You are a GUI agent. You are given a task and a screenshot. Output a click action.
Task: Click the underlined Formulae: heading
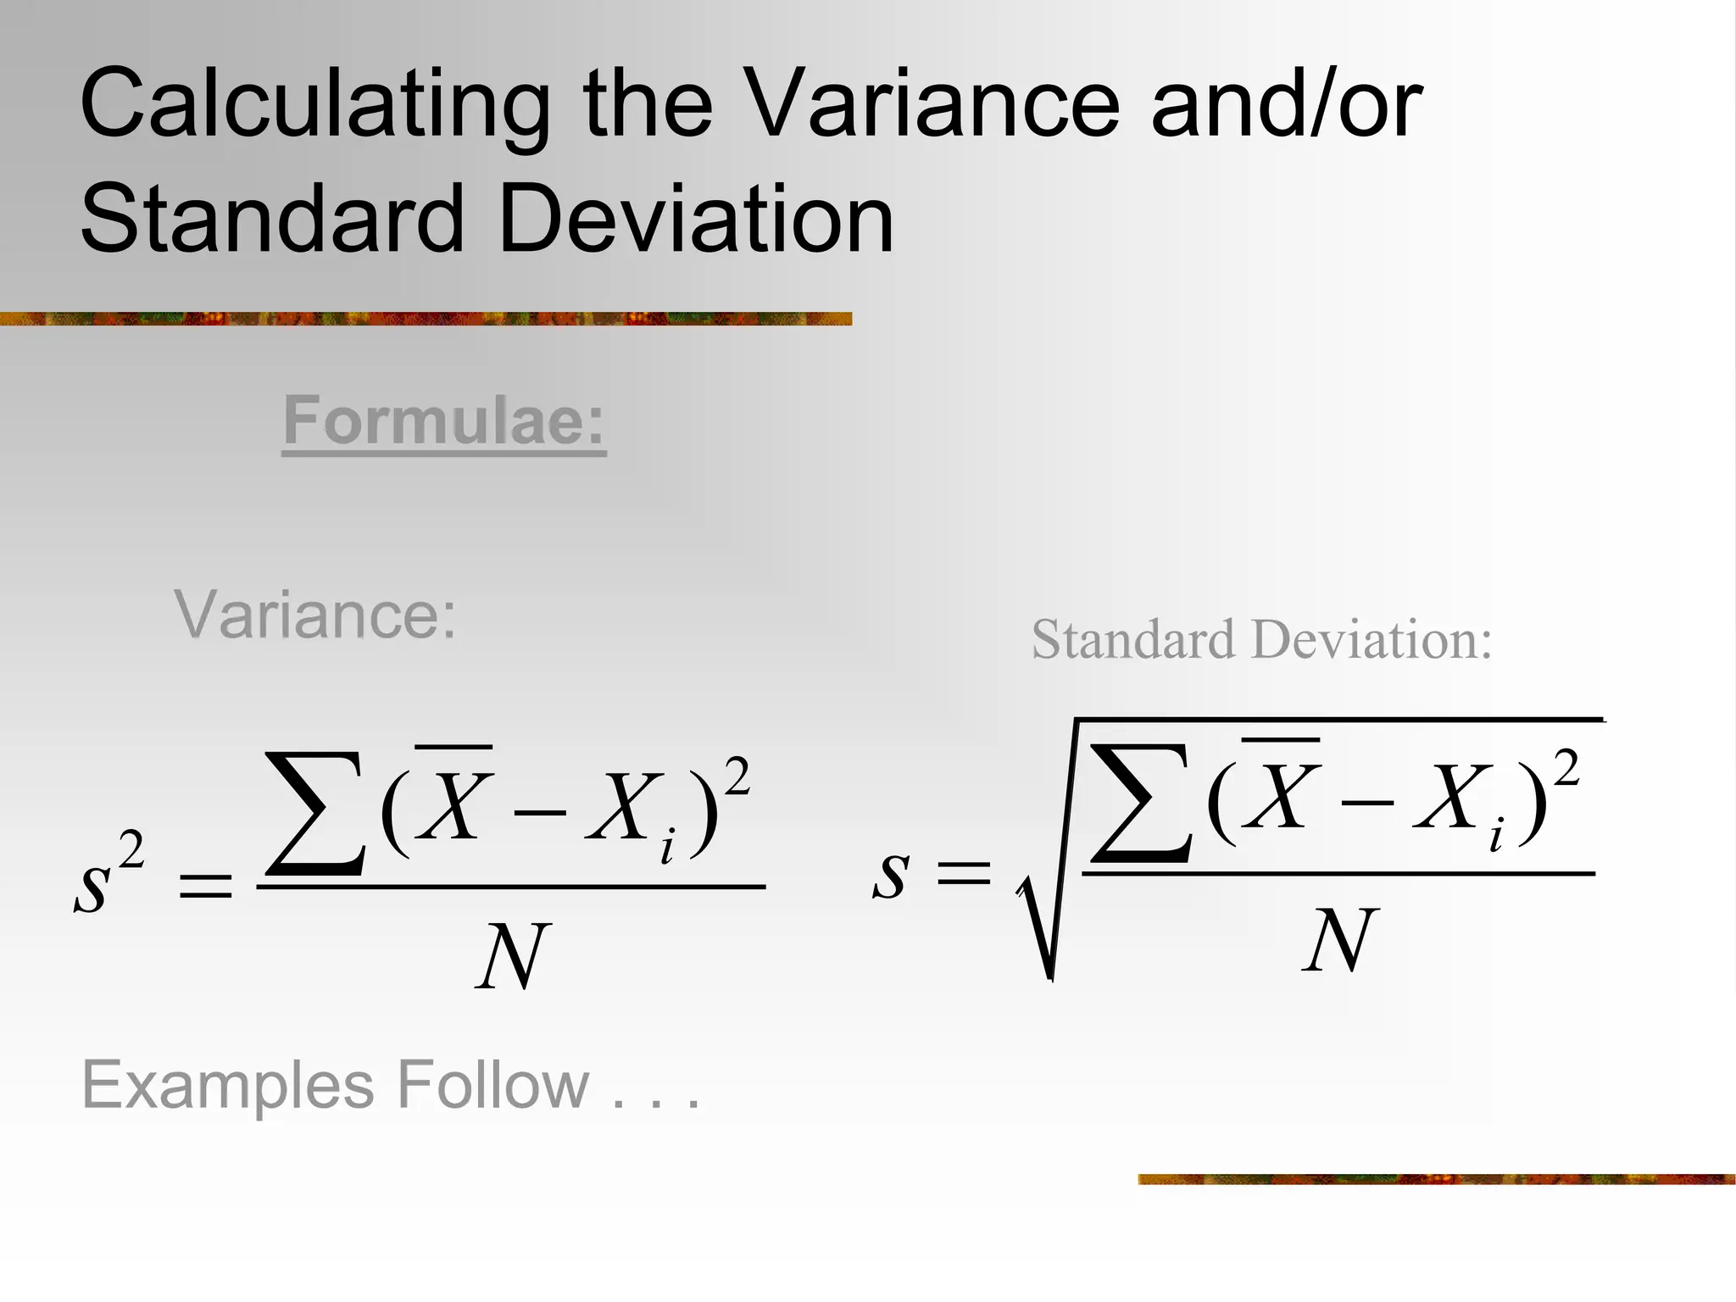point(444,421)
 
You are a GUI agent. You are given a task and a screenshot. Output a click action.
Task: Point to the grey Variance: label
point(315,615)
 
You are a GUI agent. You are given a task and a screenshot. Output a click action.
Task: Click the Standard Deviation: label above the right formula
point(1261,640)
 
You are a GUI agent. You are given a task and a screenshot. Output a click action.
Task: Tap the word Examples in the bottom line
point(227,1085)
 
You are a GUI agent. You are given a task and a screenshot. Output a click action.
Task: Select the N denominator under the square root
point(1339,941)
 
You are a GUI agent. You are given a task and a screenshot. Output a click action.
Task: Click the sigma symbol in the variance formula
point(314,814)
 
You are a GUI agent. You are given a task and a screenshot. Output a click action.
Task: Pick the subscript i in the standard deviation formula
point(1496,836)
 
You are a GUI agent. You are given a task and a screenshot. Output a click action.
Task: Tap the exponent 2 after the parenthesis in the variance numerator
point(737,776)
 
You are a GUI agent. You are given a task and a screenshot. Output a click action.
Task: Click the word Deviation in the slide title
point(696,220)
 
